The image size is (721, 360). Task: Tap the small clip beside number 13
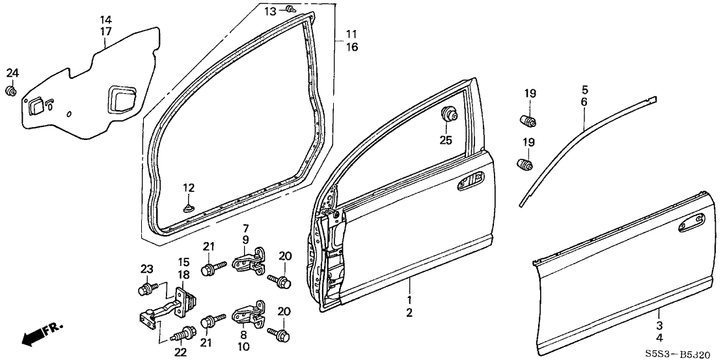(x=291, y=10)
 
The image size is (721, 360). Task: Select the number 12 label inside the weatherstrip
(x=188, y=187)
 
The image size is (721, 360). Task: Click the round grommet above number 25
(x=448, y=115)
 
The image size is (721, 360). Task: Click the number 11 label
(x=351, y=34)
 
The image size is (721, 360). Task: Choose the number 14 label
(x=105, y=20)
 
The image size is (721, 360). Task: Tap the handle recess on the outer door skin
(x=688, y=226)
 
